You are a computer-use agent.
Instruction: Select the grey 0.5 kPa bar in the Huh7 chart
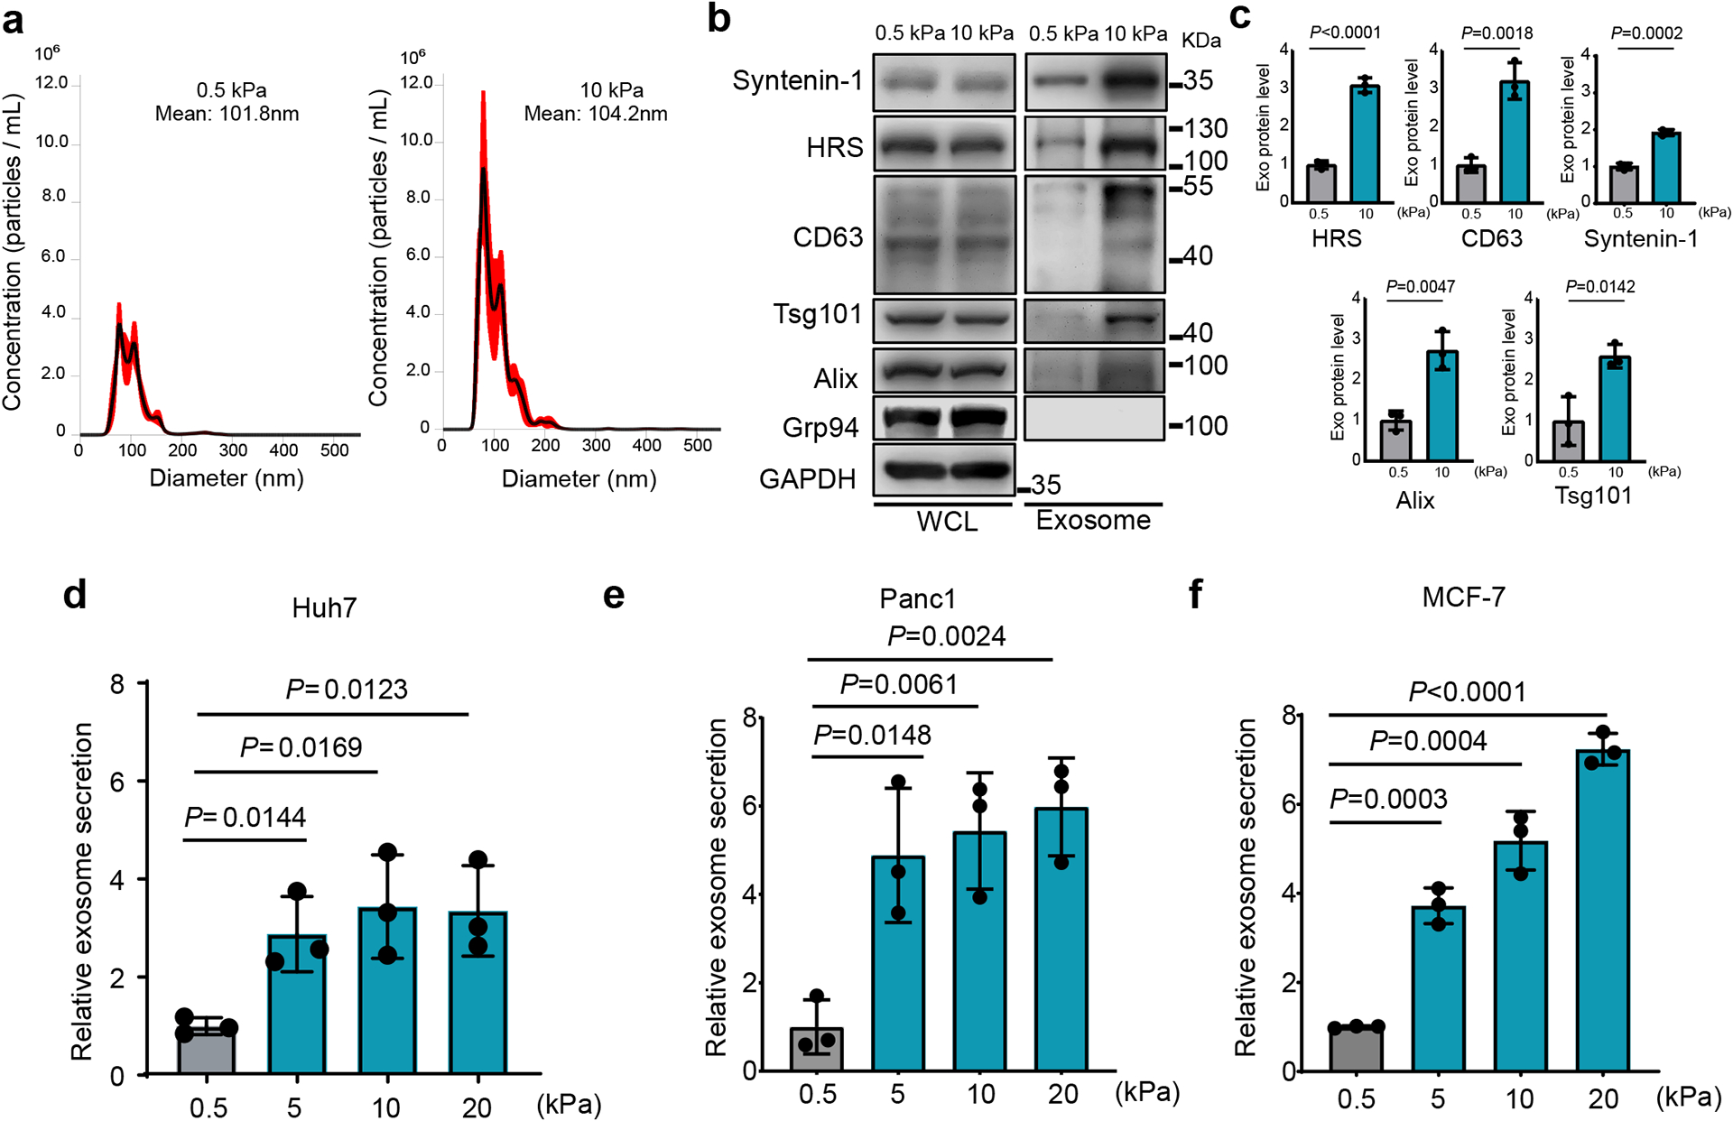point(207,1051)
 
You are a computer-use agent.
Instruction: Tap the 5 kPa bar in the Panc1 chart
point(898,964)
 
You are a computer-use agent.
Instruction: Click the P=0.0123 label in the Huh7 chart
point(347,690)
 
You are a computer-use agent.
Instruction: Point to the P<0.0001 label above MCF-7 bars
point(1468,692)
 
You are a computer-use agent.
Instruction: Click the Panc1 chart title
point(917,598)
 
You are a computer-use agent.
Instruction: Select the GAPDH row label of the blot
point(807,478)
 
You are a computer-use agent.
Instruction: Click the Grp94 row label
point(820,427)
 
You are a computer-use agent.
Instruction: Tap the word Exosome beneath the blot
point(1093,521)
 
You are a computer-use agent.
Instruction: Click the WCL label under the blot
point(947,522)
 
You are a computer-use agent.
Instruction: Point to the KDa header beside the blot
point(1201,41)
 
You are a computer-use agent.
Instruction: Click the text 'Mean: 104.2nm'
point(596,114)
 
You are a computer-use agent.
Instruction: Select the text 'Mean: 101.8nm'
point(227,114)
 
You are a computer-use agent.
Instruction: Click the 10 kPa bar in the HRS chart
point(1365,144)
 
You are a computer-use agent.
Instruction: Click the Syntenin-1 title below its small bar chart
point(1641,239)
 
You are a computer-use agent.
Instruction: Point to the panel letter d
point(75,595)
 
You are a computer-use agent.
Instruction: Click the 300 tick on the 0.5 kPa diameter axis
point(233,449)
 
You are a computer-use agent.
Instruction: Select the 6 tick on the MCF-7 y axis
point(1289,804)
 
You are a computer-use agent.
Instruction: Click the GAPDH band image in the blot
point(945,469)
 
